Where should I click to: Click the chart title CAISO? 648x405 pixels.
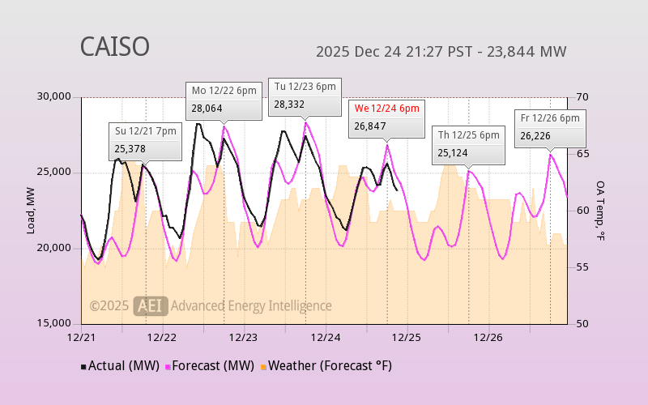pyautogui.click(x=114, y=47)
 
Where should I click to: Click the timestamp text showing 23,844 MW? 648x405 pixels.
pyautogui.click(x=441, y=52)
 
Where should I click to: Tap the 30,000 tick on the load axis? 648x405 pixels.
pyautogui.click(x=54, y=97)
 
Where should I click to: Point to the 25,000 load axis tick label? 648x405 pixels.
pyautogui.click(x=54, y=173)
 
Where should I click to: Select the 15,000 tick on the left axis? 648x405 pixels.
pyautogui.click(x=54, y=323)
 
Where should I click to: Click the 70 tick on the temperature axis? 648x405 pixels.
pyautogui.click(x=581, y=97)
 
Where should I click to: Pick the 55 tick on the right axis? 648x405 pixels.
pyautogui.click(x=581, y=267)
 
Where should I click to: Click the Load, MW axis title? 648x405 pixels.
pyautogui.click(x=30, y=211)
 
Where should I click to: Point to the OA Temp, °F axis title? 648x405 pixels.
pyautogui.click(x=600, y=211)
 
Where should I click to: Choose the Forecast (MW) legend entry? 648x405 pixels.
pyautogui.click(x=211, y=366)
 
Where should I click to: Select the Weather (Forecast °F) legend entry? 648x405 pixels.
pyautogui.click(x=326, y=366)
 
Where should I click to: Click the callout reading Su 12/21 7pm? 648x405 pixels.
pyautogui.click(x=146, y=131)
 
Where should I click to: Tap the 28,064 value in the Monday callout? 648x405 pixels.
pyautogui.click(x=207, y=108)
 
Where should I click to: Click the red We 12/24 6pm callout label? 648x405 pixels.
pyautogui.click(x=386, y=109)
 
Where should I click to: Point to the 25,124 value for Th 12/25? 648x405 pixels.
pyautogui.click(x=453, y=152)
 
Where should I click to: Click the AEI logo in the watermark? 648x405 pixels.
pyautogui.click(x=151, y=305)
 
